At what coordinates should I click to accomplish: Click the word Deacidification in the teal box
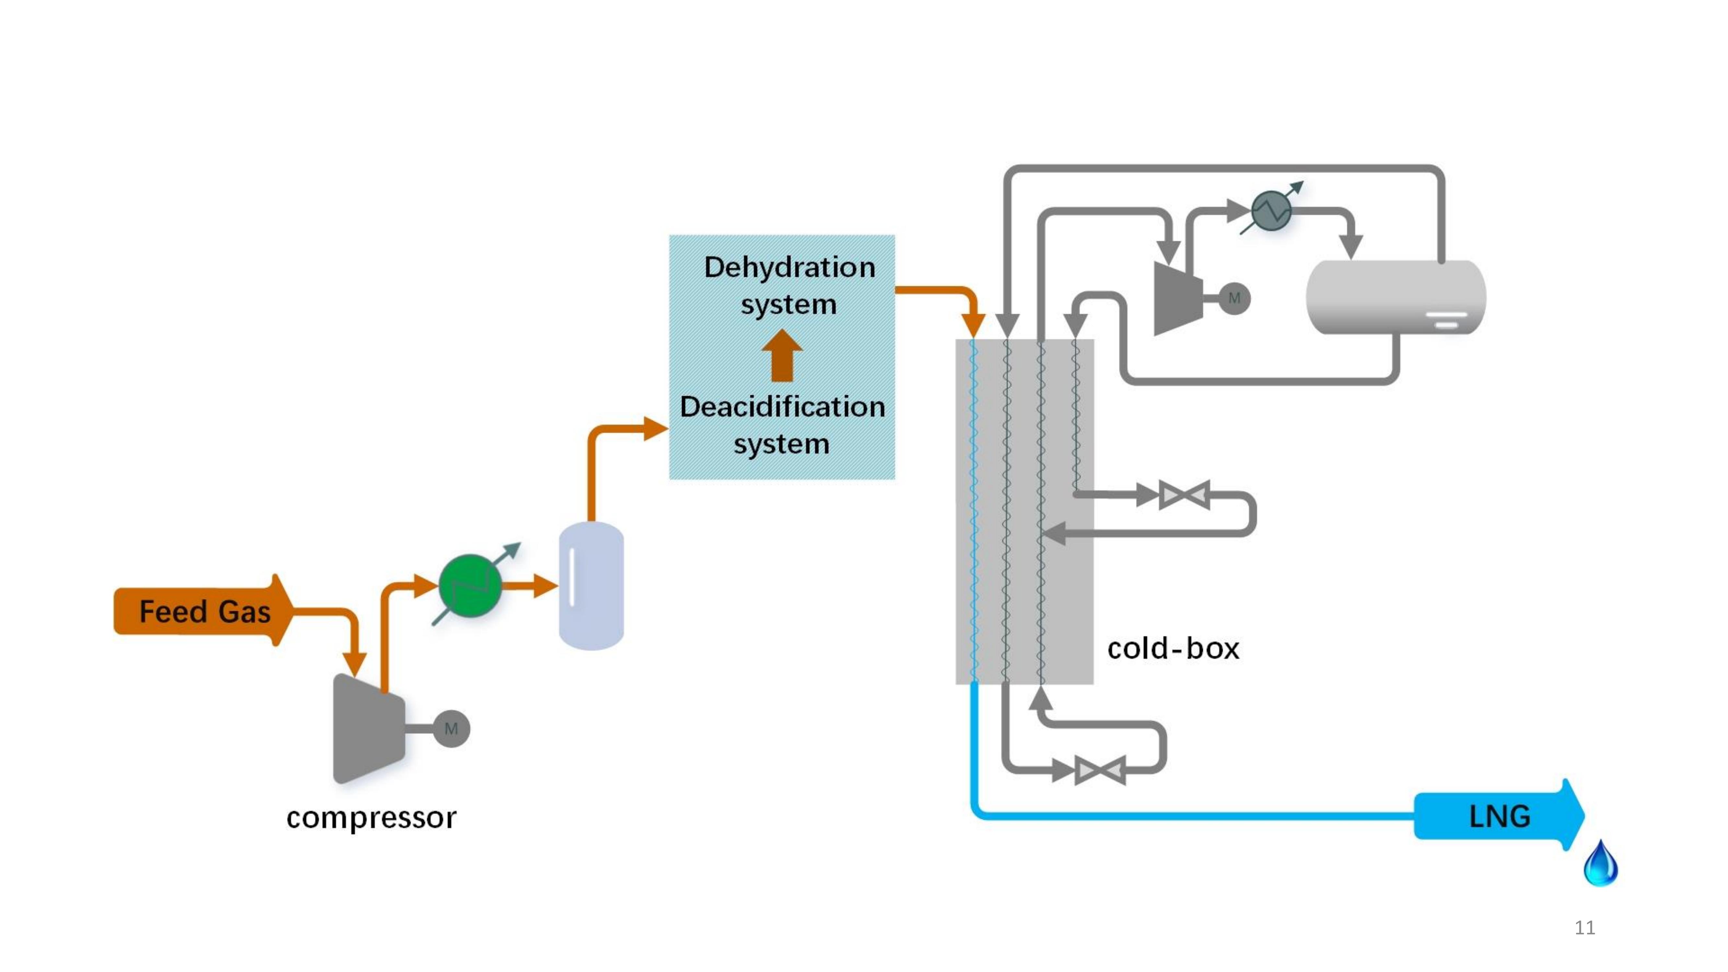(x=782, y=407)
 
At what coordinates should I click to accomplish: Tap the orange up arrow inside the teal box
(x=782, y=355)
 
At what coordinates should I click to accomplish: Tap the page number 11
(x=1584, y=928)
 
